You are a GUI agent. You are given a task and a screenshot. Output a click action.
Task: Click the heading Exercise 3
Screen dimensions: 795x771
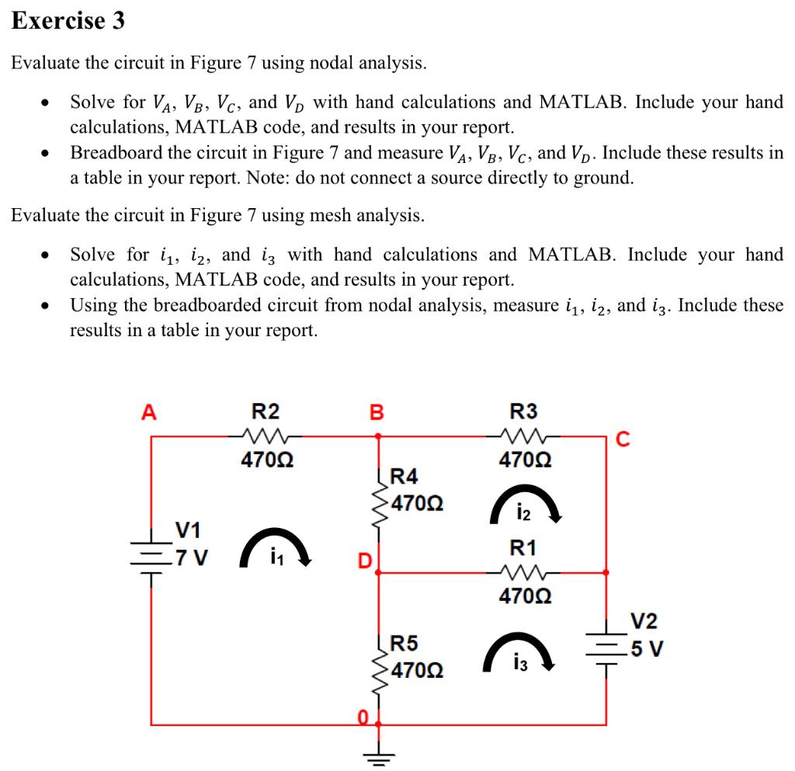coord(68,21)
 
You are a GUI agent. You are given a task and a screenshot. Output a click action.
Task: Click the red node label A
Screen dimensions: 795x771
coord(148,412)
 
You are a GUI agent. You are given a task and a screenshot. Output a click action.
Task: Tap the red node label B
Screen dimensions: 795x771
coord(377,412)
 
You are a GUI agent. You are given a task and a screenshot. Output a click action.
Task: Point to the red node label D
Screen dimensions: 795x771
coord(363,558)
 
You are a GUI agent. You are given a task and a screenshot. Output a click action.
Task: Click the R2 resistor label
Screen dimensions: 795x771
coord(266,411)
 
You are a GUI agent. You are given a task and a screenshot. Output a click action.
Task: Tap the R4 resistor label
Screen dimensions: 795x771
coord(404,475)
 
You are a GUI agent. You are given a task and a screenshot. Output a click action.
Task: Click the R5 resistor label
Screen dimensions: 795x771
coord(404,643)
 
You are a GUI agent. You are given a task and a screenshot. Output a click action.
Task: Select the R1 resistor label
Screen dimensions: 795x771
coord(523,548)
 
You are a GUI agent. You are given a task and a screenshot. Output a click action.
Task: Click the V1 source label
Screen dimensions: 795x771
coord(188,530)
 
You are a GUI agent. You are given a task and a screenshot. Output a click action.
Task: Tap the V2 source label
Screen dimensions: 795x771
coord(644,621)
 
